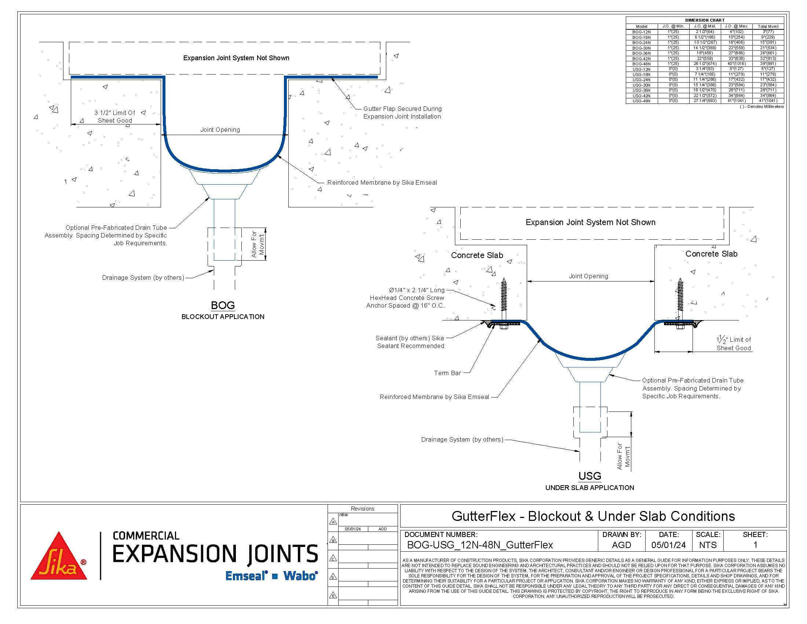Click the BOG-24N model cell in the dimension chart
click(x=641, y=43)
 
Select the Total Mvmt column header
click(x=768, y=27)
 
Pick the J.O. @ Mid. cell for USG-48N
click(x=705, y=101)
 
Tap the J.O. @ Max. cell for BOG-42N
click(x=737, y=58)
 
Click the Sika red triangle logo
click(x=59, y=557)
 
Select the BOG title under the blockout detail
click(x=222, y=305)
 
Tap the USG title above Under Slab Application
click(x=589, y=476)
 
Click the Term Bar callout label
click(x=447, y=373)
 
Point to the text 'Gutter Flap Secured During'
click(x=402, y=109)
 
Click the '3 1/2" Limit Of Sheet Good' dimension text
click(x=115, y=116)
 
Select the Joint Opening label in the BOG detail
click(x=220, y=130)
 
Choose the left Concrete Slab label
click(x=476, y=255)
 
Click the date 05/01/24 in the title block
click(x=668, y=545)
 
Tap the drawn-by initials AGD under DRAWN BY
click(x=621, y=545)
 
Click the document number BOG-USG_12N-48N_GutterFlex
click(x=480, y=545)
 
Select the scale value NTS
click(x=708, y=545)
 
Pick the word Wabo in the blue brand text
click(x=300, y=576)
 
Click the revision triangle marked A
click(x=333, y=522)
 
